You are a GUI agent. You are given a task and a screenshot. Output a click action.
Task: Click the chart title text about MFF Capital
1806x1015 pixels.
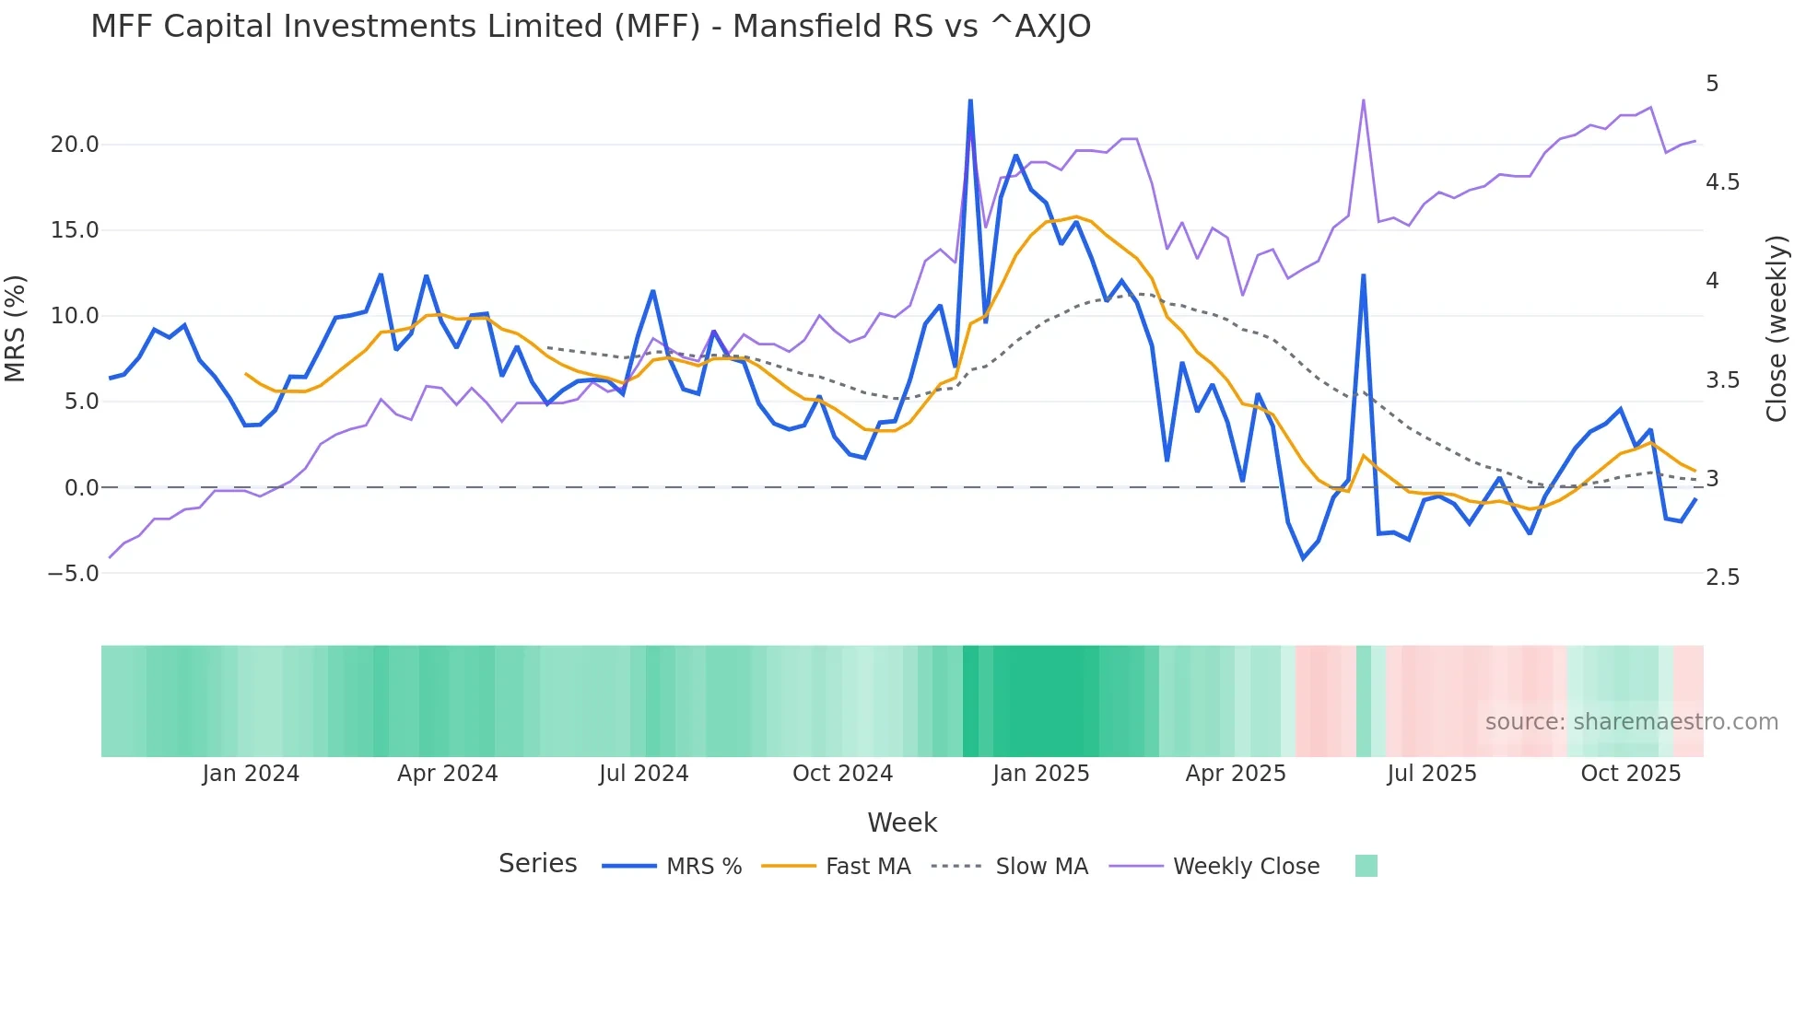[x=590, y=27]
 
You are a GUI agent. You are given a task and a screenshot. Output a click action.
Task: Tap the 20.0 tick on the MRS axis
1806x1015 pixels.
[x=74, y=145]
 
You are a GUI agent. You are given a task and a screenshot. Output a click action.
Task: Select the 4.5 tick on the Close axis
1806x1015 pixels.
[x=1722, y=182]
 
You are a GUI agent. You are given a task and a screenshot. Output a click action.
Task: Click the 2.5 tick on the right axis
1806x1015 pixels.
[x=1722, y=577]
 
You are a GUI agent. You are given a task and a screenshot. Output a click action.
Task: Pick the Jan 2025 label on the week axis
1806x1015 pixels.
[x=1040, y=774]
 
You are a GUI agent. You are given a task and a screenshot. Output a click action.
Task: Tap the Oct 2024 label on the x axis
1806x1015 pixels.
[x=842, y=774]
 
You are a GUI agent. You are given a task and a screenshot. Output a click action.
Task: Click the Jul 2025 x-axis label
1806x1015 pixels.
[x=1431, y=774]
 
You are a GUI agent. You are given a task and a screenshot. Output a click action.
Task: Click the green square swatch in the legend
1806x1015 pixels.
[x=1366, y=866]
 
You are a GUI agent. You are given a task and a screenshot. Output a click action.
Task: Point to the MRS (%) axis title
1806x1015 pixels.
[x=16, y=329]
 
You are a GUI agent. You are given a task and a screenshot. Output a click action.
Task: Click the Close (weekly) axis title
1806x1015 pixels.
[x=1777, y=329]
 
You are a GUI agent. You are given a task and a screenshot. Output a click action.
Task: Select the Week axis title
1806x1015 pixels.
[x=902, y=822]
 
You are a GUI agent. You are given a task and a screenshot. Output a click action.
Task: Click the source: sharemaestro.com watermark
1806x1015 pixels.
[x=1631, y=722]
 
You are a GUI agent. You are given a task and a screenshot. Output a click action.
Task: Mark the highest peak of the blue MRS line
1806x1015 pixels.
[x=970, y=100]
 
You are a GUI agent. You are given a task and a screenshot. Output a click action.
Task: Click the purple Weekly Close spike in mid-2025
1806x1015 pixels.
[x=1363, y=100]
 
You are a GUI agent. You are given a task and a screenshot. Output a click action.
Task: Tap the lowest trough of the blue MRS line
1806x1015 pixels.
[x=1303, y=558]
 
